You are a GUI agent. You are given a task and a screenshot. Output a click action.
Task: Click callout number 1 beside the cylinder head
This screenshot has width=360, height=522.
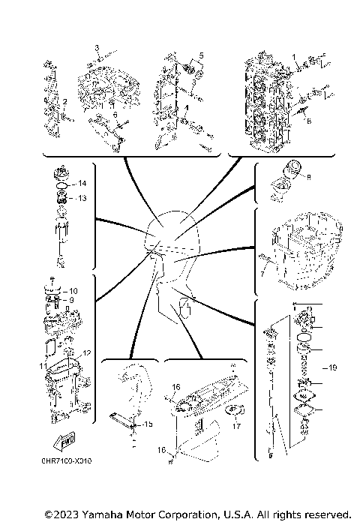coord(295,57)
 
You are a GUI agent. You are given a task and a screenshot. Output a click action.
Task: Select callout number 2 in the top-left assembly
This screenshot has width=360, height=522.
coord(64,101)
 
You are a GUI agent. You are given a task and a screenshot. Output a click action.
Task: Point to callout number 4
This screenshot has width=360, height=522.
coord(185,108)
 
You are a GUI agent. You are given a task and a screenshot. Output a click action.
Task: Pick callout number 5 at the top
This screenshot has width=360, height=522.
coord(201,57)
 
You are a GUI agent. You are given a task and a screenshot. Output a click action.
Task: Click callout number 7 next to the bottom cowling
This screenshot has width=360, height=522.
coord(262,274)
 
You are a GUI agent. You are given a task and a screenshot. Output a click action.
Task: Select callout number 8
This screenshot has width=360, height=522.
coord(308,178)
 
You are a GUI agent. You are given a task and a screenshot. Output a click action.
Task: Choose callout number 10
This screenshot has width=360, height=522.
coord(73,290)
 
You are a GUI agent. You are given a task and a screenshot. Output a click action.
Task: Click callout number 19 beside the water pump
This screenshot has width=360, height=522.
coord(333,368)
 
